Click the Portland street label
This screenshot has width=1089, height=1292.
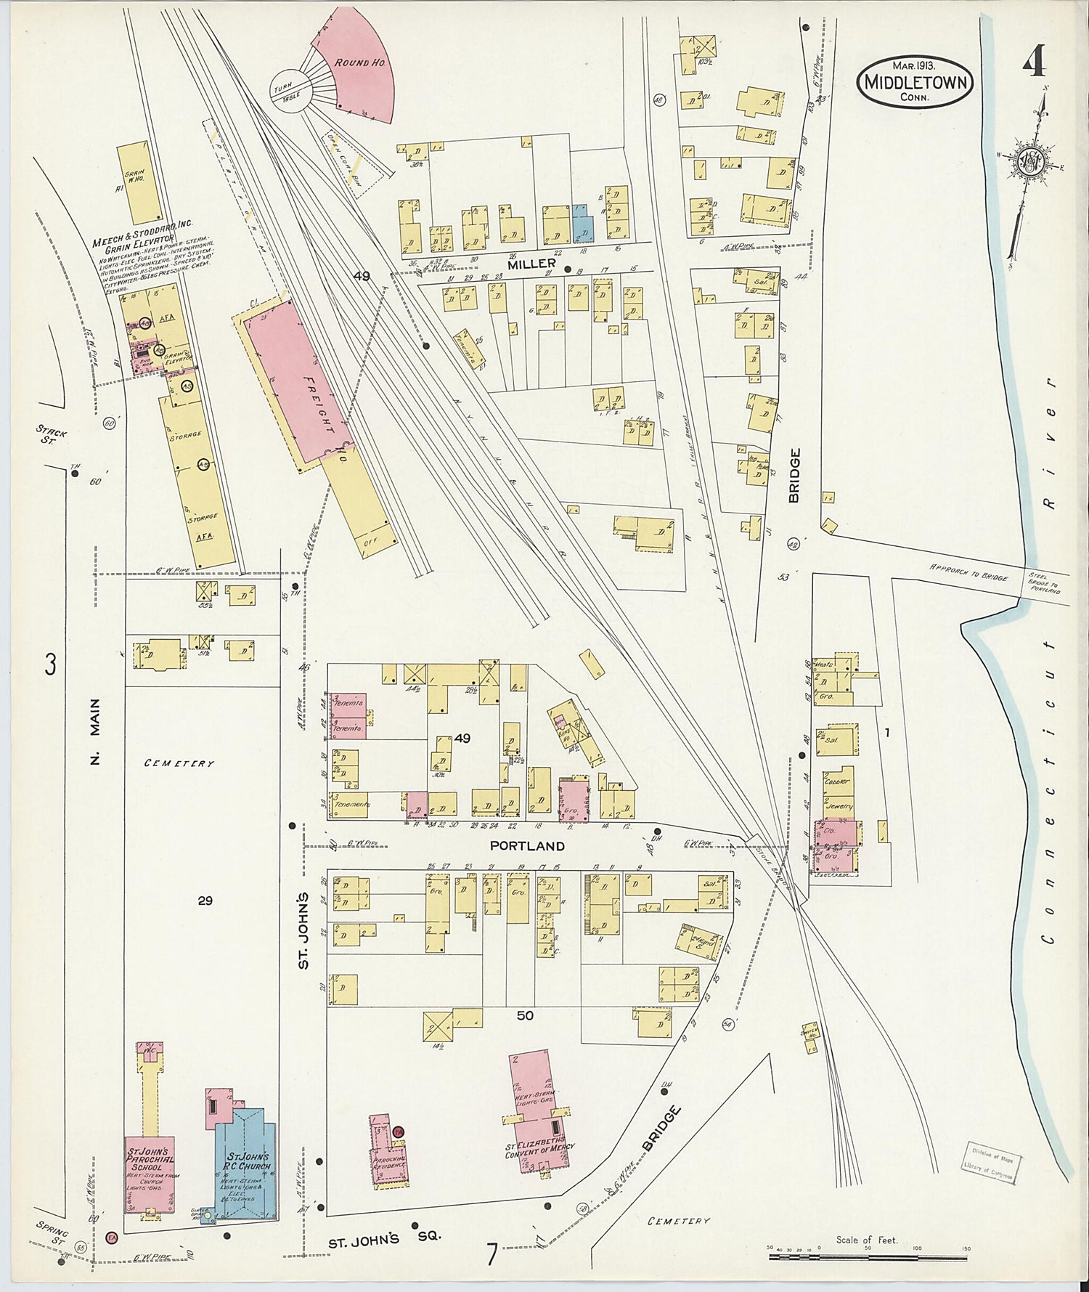click(526, 846)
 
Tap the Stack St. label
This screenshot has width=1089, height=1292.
click(52, 436)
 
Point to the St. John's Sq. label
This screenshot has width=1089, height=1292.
click(384, 1240)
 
